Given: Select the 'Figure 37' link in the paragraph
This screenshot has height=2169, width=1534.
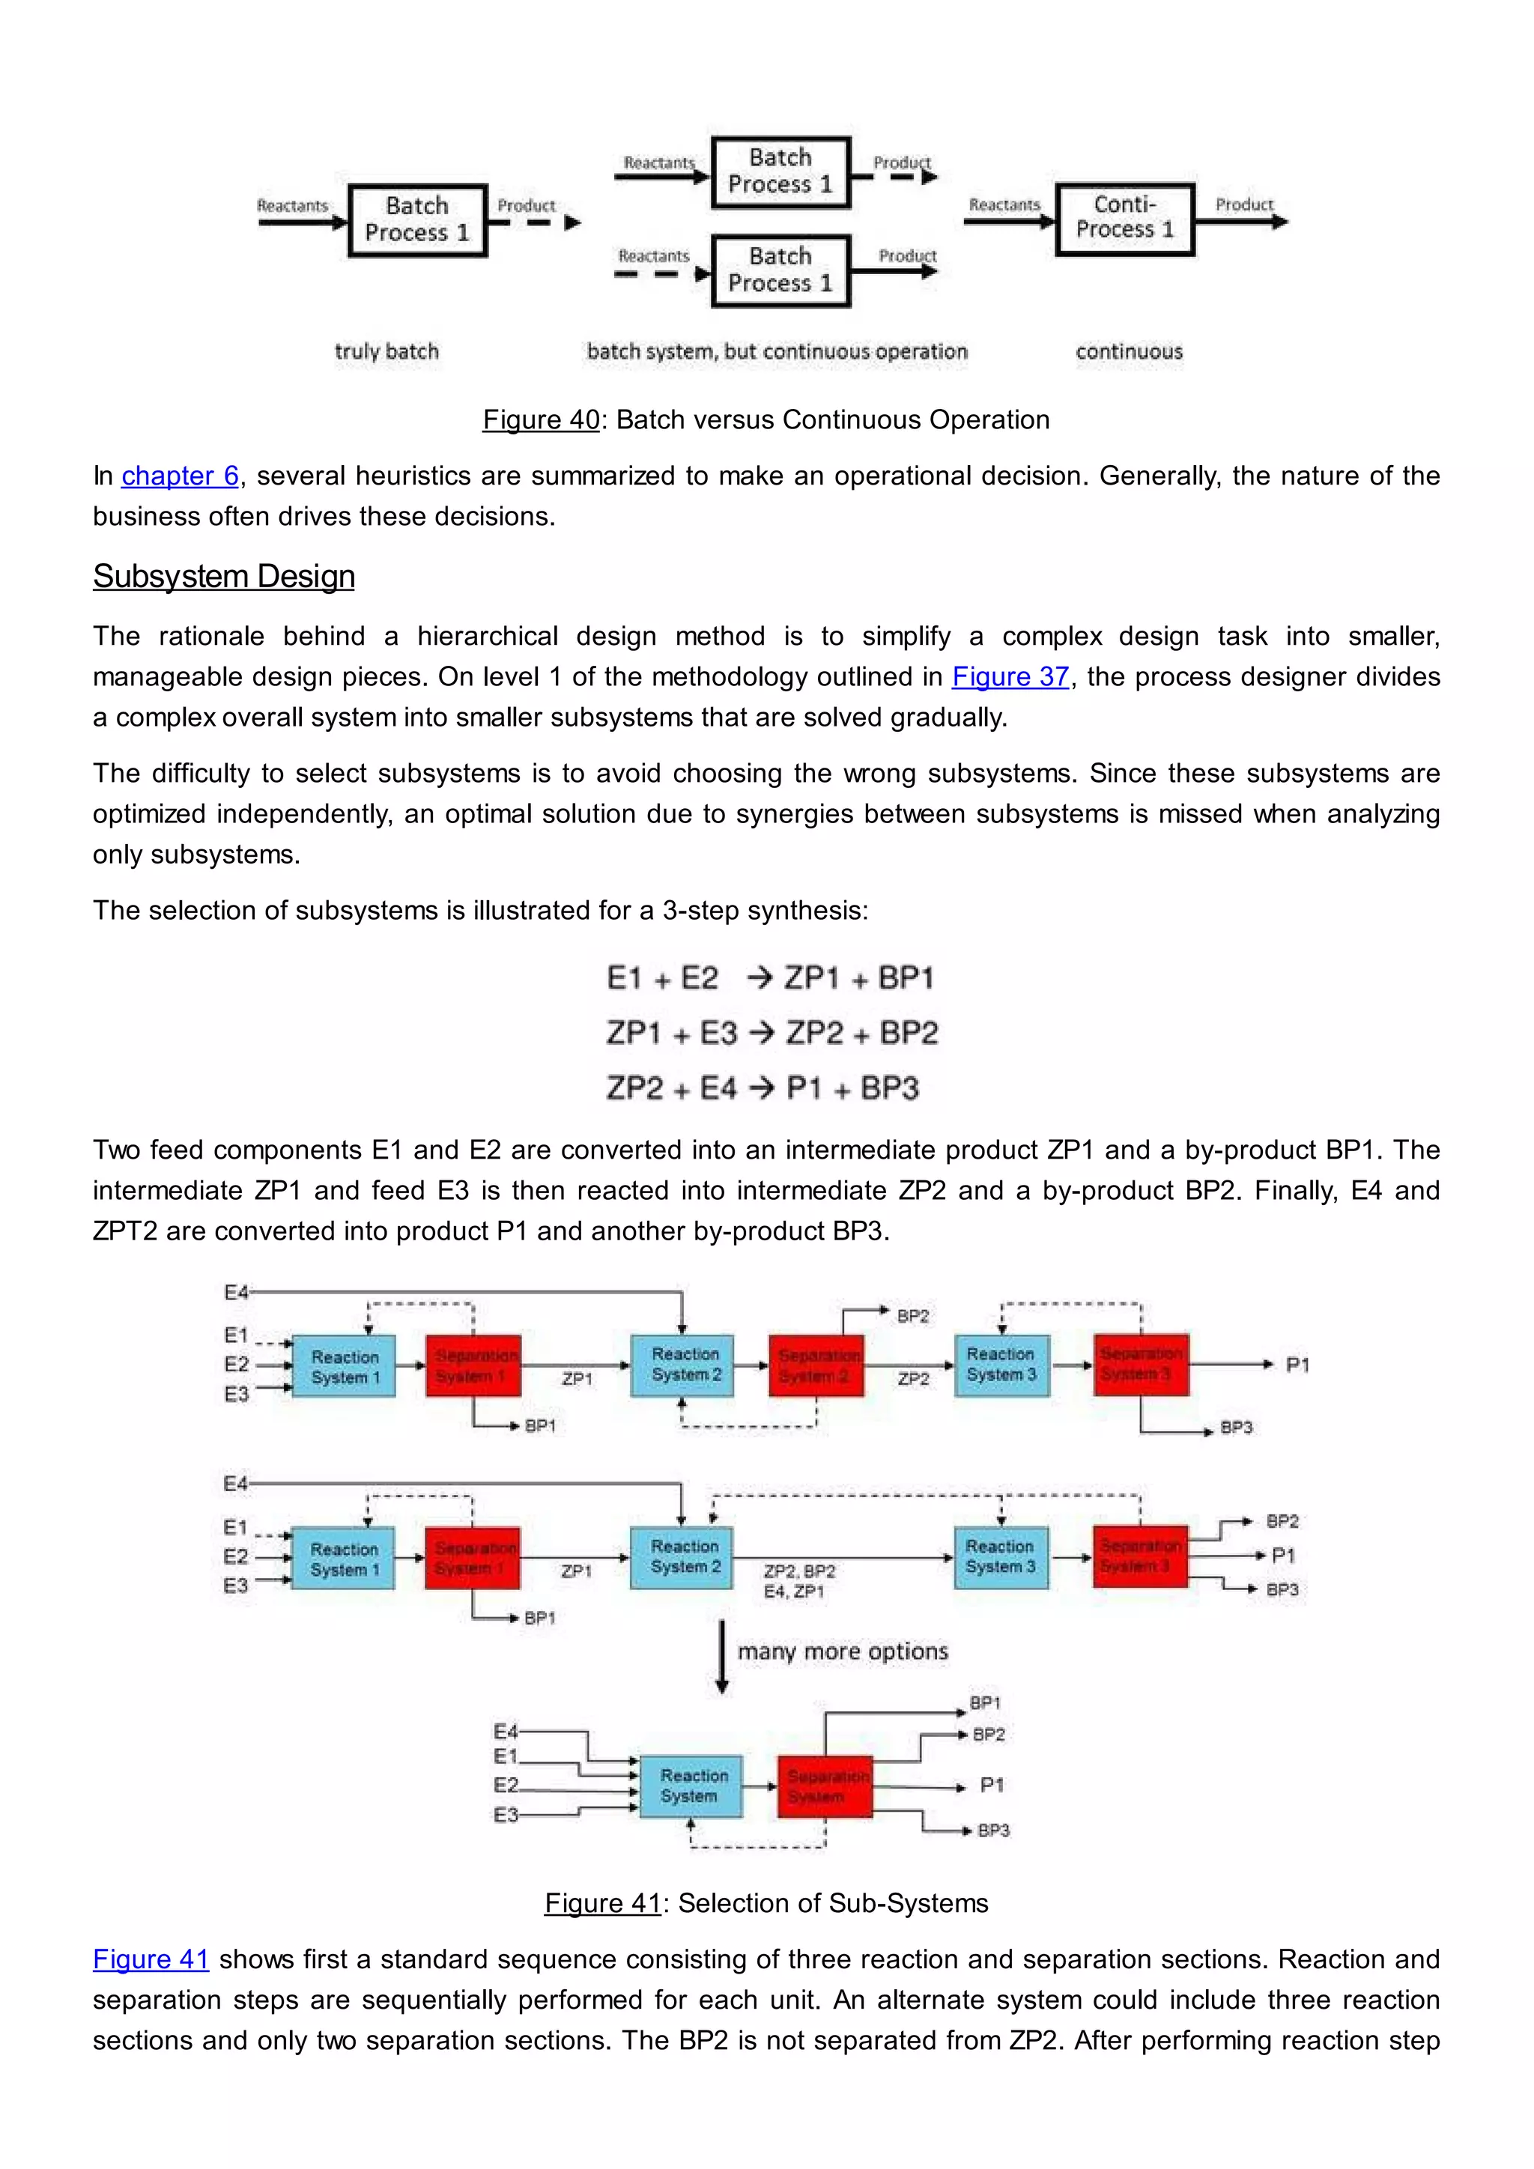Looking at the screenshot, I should [1010, 676].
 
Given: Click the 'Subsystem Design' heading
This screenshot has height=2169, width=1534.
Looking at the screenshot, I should [224, 576].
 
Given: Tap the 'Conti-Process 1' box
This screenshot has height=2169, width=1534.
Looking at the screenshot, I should [1124, 219].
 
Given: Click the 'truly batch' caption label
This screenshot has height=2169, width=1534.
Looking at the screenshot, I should [386, 351].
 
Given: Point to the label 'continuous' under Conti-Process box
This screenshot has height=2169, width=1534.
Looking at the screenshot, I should [1129, 351].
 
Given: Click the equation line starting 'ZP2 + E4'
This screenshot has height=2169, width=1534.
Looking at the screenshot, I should [763, 1088].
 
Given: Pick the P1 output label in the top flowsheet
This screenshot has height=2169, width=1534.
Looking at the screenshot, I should [1297, 1365].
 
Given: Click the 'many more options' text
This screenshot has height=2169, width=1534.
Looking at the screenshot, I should [843, 1651].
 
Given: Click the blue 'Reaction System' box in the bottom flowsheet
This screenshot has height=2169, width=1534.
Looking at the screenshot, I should [691, 1786].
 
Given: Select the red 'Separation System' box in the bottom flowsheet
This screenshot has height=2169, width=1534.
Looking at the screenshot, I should [825, 1786].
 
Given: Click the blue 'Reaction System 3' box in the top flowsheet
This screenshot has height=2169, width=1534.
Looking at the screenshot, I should [1001, 1365].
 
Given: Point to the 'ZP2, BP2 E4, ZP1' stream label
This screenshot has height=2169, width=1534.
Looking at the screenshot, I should [799, 1581].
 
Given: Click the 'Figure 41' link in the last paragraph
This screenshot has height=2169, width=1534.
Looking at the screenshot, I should [151, 1959].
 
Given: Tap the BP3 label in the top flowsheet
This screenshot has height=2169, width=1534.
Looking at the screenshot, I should [1235, 1428].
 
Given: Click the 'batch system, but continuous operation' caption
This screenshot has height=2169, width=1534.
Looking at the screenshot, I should [777, 351].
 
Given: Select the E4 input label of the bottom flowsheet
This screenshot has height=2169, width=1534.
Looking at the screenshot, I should [506, 1732].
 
